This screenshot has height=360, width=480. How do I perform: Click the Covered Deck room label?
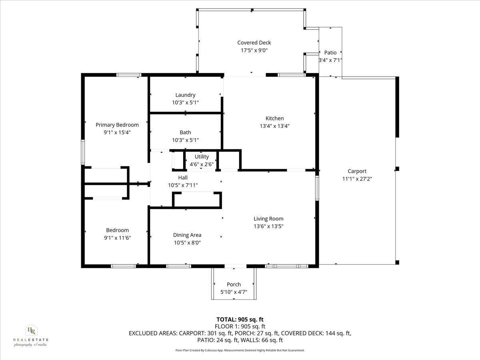(254, 42)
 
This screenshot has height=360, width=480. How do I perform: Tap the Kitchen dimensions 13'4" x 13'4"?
(274, 126)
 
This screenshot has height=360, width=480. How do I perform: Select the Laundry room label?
(185, 95)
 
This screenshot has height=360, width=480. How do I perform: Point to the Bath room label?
(185, 132)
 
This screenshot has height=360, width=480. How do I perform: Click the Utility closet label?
(202, 156)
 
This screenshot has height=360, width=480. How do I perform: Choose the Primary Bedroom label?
(117, 125)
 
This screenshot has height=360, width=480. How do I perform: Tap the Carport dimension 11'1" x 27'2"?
(357, 179)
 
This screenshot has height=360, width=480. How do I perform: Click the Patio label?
(330, 52)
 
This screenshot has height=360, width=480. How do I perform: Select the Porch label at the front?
(234, 284)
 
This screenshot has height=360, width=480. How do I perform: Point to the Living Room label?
(268, 218)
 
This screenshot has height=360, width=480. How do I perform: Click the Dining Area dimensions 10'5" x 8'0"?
(187, 242)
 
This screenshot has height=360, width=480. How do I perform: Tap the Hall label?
(183, 177)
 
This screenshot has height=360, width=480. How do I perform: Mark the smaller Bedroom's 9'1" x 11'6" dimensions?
(117, 238)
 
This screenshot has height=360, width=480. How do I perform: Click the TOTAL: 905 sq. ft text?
(240, 319)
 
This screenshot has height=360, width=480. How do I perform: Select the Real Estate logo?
(30, 335)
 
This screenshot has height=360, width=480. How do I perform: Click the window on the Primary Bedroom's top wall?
(129, 75)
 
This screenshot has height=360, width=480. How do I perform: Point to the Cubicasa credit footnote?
(240, 350)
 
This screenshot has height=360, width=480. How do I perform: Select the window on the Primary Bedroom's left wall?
(83, 152)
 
